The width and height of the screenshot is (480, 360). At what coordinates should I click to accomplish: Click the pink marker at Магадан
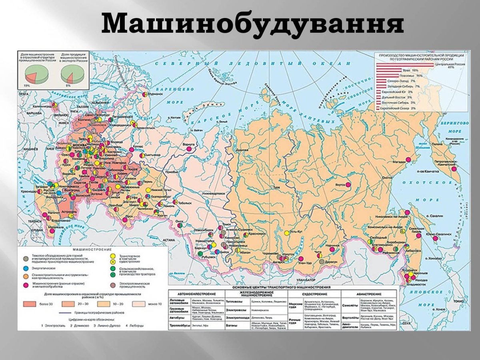pos(408,160)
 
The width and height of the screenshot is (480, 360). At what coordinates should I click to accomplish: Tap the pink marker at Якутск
pos(348,185)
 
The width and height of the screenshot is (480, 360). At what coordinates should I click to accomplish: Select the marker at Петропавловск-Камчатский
pos(454,168)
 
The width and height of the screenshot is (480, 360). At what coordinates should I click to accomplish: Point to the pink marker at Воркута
pos(189,148)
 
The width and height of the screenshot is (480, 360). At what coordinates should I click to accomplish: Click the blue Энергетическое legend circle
pos(26,267)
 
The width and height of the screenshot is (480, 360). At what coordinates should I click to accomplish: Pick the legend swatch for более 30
pos(31,304)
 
